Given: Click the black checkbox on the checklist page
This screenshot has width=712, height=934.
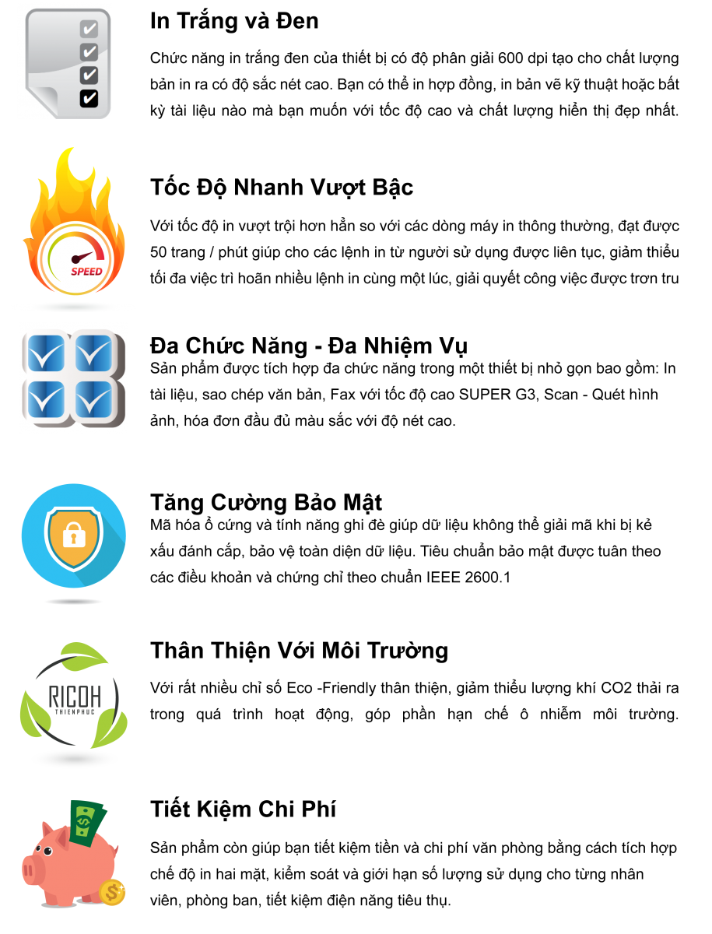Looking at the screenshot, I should point(89,98).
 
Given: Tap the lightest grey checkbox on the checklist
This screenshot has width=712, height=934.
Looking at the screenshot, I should point(89,30).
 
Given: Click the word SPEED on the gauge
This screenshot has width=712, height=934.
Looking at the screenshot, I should point(86,272).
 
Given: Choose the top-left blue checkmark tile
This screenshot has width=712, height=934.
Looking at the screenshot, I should point(46,353).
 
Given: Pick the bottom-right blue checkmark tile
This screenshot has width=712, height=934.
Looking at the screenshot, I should point(94,400).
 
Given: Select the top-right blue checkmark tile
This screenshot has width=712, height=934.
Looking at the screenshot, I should point(94,353).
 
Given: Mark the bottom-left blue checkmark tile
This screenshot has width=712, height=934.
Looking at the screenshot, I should point(46,400).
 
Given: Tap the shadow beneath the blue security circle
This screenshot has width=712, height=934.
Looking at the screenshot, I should point(74,602).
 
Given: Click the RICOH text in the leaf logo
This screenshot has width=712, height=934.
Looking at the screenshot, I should point(75,697).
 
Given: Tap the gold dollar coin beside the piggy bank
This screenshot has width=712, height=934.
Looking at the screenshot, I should point(113,893).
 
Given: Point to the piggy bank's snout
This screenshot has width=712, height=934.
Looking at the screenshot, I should point(29,867).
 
